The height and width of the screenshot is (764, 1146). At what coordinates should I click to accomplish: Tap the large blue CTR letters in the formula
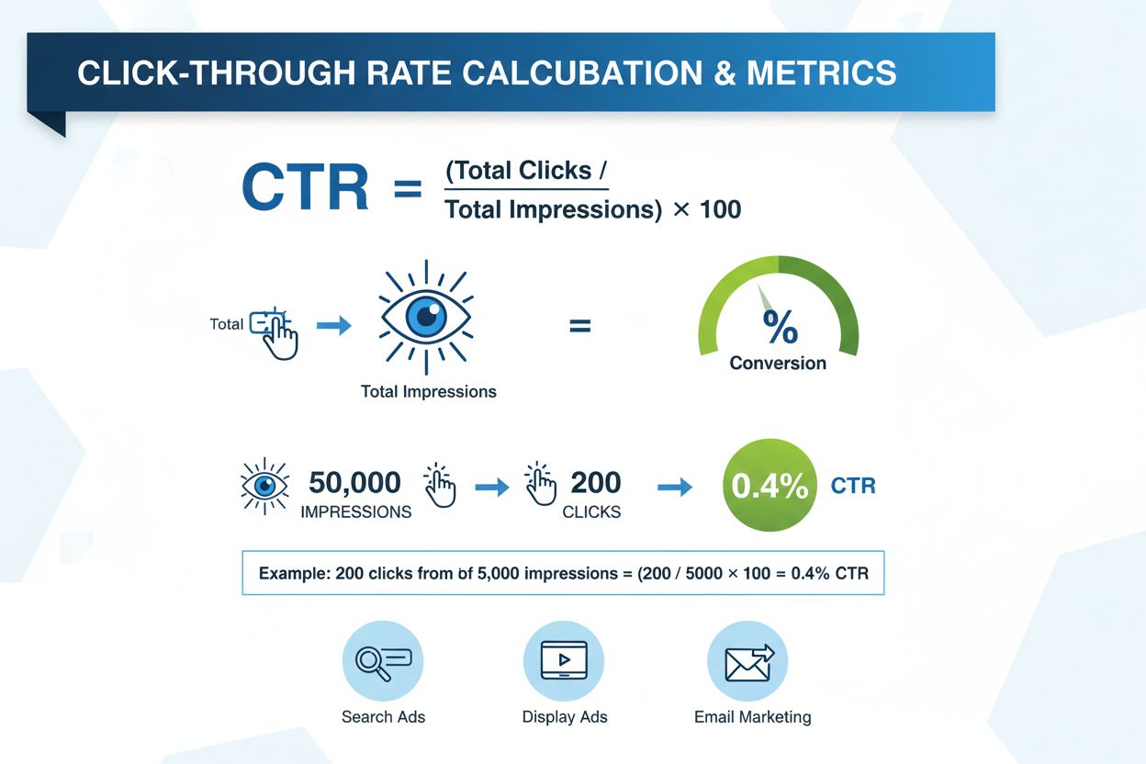click(305, 189)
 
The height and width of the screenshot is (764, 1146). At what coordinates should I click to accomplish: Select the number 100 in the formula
click(720, 209)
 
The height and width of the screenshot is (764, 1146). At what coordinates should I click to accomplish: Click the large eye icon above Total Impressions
click(425, 317)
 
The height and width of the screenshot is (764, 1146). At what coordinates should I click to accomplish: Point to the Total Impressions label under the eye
click(428, 391)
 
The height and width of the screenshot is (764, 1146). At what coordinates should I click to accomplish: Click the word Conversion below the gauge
click(778, 364)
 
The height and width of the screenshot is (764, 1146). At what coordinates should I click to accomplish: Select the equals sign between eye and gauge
click(579, 325)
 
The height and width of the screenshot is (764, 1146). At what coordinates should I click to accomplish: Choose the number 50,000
click(354, 482)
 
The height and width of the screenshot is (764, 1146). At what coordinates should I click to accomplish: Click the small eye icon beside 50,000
click(264, 484)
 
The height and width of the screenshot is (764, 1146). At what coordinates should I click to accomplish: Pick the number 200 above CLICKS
click(595, 482)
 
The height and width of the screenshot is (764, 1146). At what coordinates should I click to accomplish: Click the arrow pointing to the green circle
click(675, 488)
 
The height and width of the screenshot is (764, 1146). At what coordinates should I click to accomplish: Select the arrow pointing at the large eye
click(333, 324)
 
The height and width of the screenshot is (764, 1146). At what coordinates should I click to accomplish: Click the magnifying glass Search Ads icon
click(382, 661)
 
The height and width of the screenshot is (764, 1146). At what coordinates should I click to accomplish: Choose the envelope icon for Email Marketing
click(748, 661)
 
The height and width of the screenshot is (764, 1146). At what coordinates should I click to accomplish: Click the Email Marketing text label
click(752, 716)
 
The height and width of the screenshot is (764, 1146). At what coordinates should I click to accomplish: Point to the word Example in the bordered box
click(293, 574)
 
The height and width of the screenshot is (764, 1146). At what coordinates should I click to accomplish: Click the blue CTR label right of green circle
click(852, 486)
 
